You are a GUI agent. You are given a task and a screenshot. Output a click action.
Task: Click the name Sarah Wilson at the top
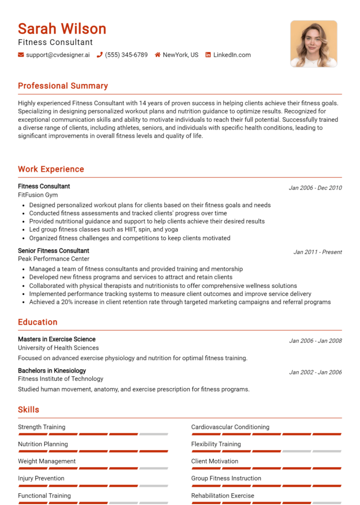tap(62, 29)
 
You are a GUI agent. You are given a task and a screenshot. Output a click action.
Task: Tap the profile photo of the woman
tap(313, 43)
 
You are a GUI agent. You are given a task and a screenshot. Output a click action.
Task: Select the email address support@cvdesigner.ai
tap(58, 55)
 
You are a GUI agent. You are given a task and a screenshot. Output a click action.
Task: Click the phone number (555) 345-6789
tap(126, 55)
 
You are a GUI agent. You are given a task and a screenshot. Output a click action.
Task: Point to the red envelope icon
tap(21, 55)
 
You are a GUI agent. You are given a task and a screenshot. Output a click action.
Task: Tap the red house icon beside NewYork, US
tap(158, 55)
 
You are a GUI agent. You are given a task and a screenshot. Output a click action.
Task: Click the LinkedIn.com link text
tap(232, 55)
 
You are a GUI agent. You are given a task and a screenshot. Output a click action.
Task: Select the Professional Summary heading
tap(63, 86)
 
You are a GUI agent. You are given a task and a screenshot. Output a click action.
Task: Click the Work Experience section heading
tap(51, 169)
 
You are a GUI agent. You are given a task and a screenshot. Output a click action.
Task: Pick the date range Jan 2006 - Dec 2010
tap(315, 188)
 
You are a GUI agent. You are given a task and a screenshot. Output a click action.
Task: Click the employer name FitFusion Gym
tap(37, 195)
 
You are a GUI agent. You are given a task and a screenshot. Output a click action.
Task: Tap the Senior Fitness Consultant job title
tap(53, 251)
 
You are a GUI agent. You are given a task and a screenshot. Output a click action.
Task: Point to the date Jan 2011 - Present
tap(318, 252)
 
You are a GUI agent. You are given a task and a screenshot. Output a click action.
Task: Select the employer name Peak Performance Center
tap(53, 259)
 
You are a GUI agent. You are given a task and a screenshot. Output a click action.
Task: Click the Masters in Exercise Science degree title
tap(57, 339)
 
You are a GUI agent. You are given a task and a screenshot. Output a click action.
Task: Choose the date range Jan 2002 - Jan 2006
tap(315, 372)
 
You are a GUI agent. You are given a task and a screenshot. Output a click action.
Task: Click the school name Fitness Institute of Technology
tap(60, 379)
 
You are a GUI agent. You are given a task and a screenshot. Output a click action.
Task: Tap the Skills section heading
tap(28, 410)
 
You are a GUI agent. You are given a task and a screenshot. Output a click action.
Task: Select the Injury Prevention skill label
tap(41, 478)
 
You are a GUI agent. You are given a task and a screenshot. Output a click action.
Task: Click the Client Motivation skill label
tap(215, 461)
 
